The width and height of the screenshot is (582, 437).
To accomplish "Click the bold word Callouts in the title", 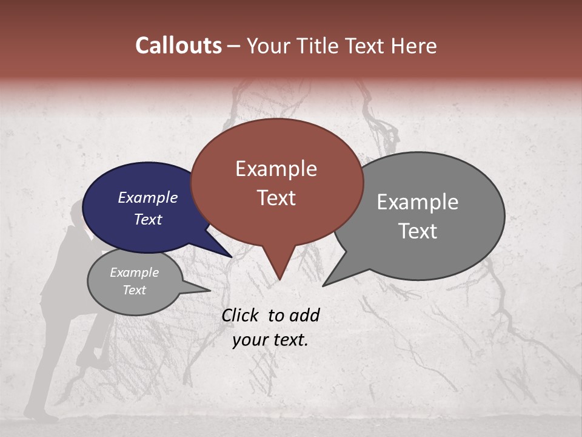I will coord(178,46).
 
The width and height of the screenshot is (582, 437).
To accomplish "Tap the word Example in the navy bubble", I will coord(148,197).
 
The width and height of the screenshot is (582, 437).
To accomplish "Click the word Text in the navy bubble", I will coord(148,219).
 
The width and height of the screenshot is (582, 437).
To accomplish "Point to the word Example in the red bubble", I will coord(276,169).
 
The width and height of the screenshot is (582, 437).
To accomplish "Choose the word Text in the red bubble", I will coord(276,198).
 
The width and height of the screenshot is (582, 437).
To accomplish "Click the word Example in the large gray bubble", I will coord(418,202).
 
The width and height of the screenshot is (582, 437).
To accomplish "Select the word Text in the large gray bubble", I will coord(418,231).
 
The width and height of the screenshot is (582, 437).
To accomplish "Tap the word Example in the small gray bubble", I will coord(135,273).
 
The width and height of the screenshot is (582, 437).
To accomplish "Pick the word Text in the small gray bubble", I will coord(135,290).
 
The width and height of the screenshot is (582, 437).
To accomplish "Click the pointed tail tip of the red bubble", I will coord(279,279).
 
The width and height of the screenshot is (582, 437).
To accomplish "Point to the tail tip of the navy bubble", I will coord(232,257).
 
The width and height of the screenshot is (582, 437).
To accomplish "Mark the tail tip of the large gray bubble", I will coord(323,285).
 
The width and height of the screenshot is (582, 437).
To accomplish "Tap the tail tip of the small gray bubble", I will coord(210,291).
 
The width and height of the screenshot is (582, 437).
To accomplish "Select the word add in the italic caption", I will coord(304,315).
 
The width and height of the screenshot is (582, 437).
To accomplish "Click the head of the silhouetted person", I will coord(79,212).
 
